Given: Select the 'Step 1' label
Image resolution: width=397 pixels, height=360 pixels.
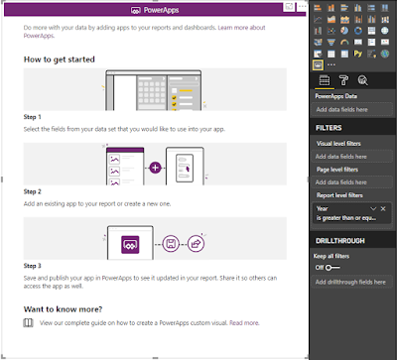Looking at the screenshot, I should [x=33, y=117].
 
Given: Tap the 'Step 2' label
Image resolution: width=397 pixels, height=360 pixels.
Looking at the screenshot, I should [x=33, y=190].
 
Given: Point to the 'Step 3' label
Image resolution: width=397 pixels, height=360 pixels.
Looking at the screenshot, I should [x=33, y=266].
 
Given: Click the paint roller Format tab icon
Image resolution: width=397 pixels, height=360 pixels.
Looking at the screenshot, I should [x=340, y=80].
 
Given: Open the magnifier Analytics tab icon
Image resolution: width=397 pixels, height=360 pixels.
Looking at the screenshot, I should [x=363, y=80].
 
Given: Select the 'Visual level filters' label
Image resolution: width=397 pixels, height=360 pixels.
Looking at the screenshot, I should [x=339, y=144].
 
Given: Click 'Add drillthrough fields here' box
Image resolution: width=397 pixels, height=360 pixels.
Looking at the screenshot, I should [x=351, y=283].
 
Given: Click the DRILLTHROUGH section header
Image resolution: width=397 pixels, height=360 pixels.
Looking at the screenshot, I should [x=340, y=241].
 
